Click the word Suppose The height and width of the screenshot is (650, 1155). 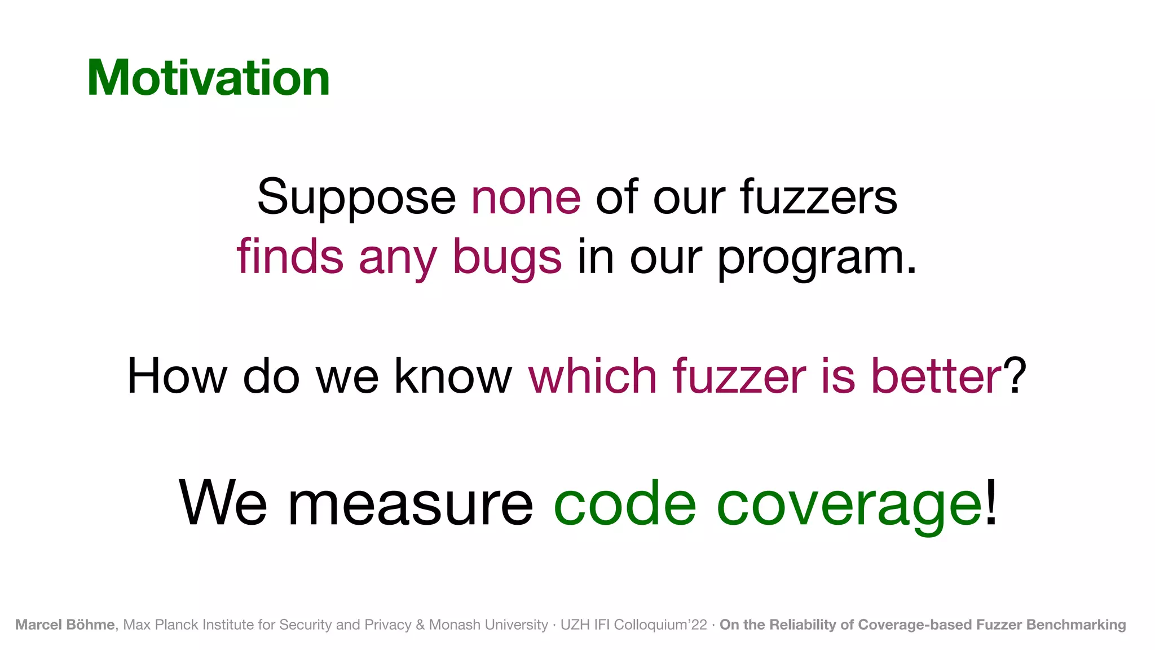coord(356,197)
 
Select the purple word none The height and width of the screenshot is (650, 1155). coord(526,197)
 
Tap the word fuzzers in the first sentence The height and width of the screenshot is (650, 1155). coord(818,197)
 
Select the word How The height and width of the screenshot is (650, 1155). coord(177,376)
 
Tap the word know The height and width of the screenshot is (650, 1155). coord(453,376)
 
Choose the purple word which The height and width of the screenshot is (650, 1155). coord(593,376)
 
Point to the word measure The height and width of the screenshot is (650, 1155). coord(411,503)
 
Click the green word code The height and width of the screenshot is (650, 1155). coord(625,503)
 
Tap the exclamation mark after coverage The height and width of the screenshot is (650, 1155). coord(991,502)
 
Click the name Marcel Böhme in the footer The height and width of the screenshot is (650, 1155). coord(65,625)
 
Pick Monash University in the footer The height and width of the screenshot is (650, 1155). coord(488,625)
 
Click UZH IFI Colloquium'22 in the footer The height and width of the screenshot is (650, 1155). coord(633,625)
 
